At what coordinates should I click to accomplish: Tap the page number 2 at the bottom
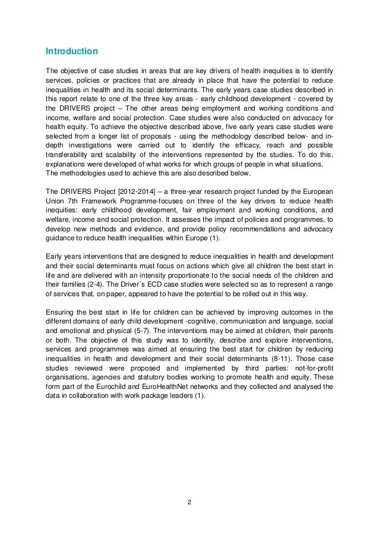click(x=189, y=503)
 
